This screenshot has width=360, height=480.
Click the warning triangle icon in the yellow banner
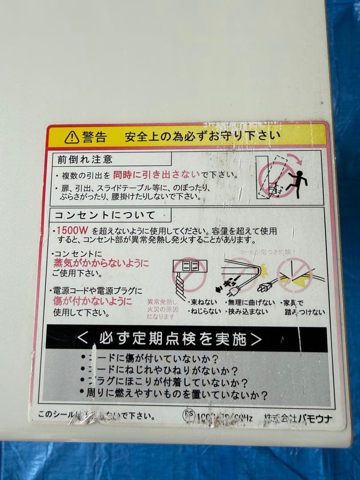(x=72, y=137)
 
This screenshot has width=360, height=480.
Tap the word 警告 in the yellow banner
(x=94, y=137)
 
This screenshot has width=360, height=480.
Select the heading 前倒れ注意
(x=85, y=159)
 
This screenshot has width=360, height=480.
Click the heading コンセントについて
(x=105, y=216)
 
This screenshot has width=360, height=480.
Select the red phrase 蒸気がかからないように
(x=101, y=263)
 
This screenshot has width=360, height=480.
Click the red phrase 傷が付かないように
(x=92, y=301)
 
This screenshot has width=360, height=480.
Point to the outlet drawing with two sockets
(x=189, y=266)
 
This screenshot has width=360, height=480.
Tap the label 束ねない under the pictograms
(x=203, y=303)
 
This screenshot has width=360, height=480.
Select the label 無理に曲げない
(x=250, y=303)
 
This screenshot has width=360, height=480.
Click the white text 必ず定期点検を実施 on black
(x=173, y=339)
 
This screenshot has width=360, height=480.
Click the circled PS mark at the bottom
(x=189, y=414)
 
